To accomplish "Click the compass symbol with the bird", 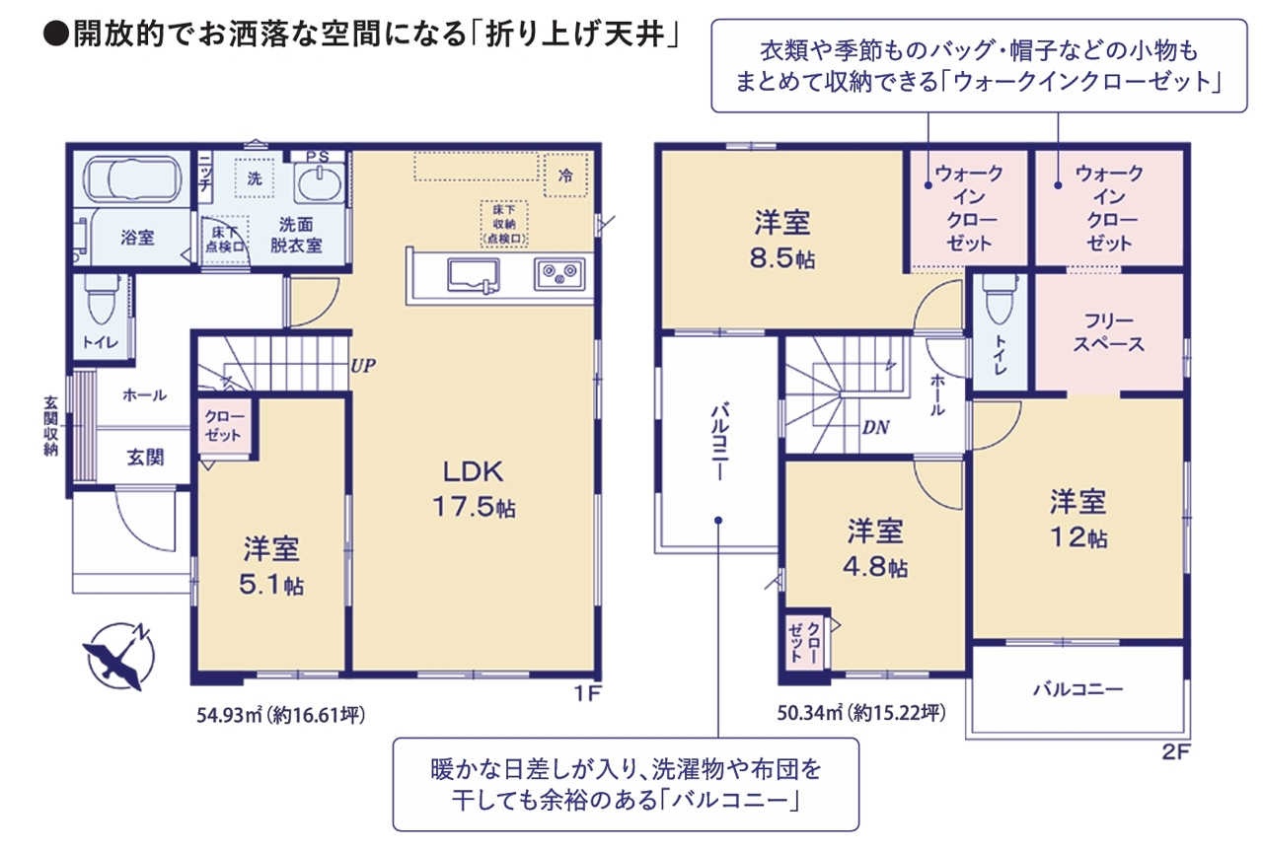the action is [x=119, y=657].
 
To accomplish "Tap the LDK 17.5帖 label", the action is [x=474, y=489].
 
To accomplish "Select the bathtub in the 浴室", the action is [x=133, y=179].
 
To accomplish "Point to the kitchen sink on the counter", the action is [x=473, y=275].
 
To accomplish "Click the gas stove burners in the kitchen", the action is [x=559, y=274].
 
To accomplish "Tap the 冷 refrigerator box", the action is [x=565, y=176].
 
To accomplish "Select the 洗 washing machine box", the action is [x=255, y=178].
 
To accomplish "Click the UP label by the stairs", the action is [x=363, y=366].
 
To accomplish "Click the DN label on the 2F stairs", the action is [x=875, y=428].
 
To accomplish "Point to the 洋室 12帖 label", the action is [x=1078, y=519].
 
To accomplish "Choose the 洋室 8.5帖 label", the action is [x=782, y=240].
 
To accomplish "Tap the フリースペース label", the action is [x=1108, y=332].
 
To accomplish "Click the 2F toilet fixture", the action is [x=1000, y=299].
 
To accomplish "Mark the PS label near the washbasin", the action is [x=318, y=157].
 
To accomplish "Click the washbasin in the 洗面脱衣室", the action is [x=319, y=183].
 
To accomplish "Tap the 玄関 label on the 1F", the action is [x=145, y=458].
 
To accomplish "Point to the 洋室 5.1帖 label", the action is [x=271, y=566].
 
